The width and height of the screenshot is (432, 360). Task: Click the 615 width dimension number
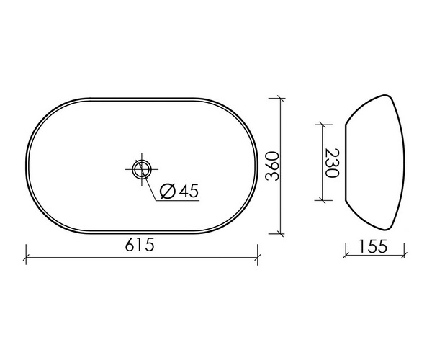(139, 245)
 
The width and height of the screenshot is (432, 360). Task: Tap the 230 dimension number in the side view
(332, 163)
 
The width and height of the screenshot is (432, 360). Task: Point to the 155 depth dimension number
(372, 246)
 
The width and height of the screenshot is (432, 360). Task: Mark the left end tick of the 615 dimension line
(26, 254)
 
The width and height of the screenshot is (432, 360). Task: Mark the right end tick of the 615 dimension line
(258, 254)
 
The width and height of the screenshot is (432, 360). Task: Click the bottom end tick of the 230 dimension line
(321, 201)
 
